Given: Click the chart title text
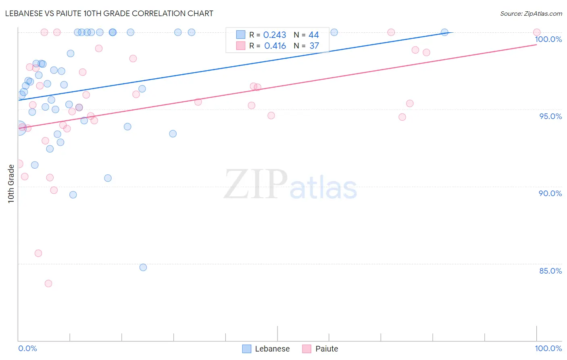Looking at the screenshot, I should pos(109,13).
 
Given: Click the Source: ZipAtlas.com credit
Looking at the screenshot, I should pos(531,14).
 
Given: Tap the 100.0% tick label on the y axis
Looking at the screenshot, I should pos(548,40).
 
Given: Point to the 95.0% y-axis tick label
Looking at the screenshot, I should pos(550,116).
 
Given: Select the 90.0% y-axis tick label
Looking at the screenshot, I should pos(550,193).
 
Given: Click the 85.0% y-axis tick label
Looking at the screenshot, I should pos(550,271).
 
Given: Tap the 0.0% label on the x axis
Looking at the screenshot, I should pos(27,348).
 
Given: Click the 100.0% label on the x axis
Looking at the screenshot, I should pos(548,348).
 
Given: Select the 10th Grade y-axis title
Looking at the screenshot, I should pos(11,184).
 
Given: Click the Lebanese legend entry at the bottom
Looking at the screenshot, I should pos(266,349).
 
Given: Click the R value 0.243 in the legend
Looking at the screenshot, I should pos(275,35).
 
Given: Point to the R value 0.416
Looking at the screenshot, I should pos(275,46).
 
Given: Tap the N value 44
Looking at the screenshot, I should pos(314,35).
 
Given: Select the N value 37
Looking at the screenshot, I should pos(314,46).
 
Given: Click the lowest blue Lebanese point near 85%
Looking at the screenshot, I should pos(143,267).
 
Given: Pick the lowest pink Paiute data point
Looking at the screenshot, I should pos(48,283).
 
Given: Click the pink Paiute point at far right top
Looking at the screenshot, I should pos(537,32).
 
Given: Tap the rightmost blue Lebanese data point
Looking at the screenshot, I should pos(444,32).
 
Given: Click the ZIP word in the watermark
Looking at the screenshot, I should pos(255,184).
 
